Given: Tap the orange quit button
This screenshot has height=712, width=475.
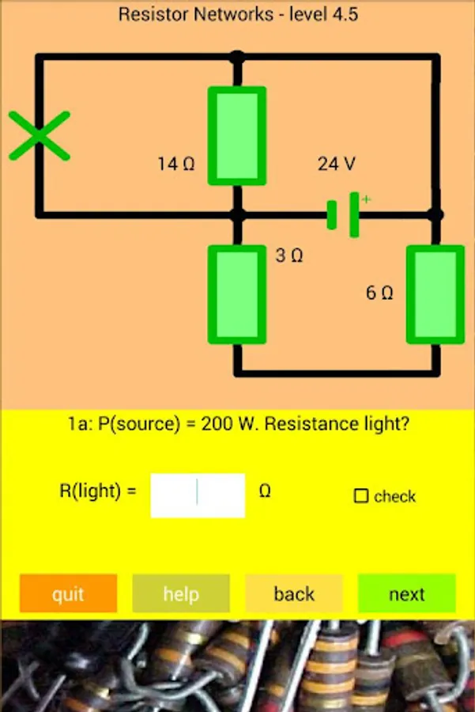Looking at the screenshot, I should pyautogui.click(x=68, y=594).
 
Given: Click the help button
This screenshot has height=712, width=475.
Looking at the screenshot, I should pyautogui.click(x=181, y=594).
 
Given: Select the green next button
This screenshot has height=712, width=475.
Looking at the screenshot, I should pyautogui.click(x=406, y=594).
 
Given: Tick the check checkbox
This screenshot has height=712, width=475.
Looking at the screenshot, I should pyautogui.click(x=361, y=497).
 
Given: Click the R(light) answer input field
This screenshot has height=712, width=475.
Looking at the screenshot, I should pyautogui.click(x=198, y=495).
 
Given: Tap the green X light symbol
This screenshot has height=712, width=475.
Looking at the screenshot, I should pyautogui.click(x=39, y=136).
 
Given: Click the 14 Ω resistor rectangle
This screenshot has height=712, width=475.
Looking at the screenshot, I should pyautogui.click(x=236, y=135).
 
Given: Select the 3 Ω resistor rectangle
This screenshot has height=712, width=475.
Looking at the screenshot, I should pyautogui.click(x=236, y=294).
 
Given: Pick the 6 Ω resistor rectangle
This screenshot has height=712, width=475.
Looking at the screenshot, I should pyautogui.click(x=435, y=294).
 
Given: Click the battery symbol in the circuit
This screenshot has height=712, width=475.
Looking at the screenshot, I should pyautogui.click(x=345, y=214).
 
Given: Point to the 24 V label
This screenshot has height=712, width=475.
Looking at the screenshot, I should pyautogui.click(x=337, y=164).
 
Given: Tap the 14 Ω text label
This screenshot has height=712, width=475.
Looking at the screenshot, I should pyautogui.click(x=175, y=165).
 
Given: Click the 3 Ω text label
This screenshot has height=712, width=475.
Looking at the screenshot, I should pyautogui.click(x=289, y=256).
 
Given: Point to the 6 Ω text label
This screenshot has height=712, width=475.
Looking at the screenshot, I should pyautogui.click(x=379, y=293).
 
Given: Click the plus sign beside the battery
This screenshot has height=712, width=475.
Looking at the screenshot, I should pyautogui.click(x=366, y=199).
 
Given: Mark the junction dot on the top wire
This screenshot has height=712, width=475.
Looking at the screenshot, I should pyautogui.click(x=236, y=57).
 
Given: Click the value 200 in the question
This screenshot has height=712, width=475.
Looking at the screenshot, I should pyautogui.click(x=216, y=424).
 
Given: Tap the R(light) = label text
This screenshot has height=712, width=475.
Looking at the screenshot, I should pyautogui.click(x=98, y=490).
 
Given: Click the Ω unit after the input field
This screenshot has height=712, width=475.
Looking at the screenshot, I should pyautogui.click(x=266, y=491).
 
